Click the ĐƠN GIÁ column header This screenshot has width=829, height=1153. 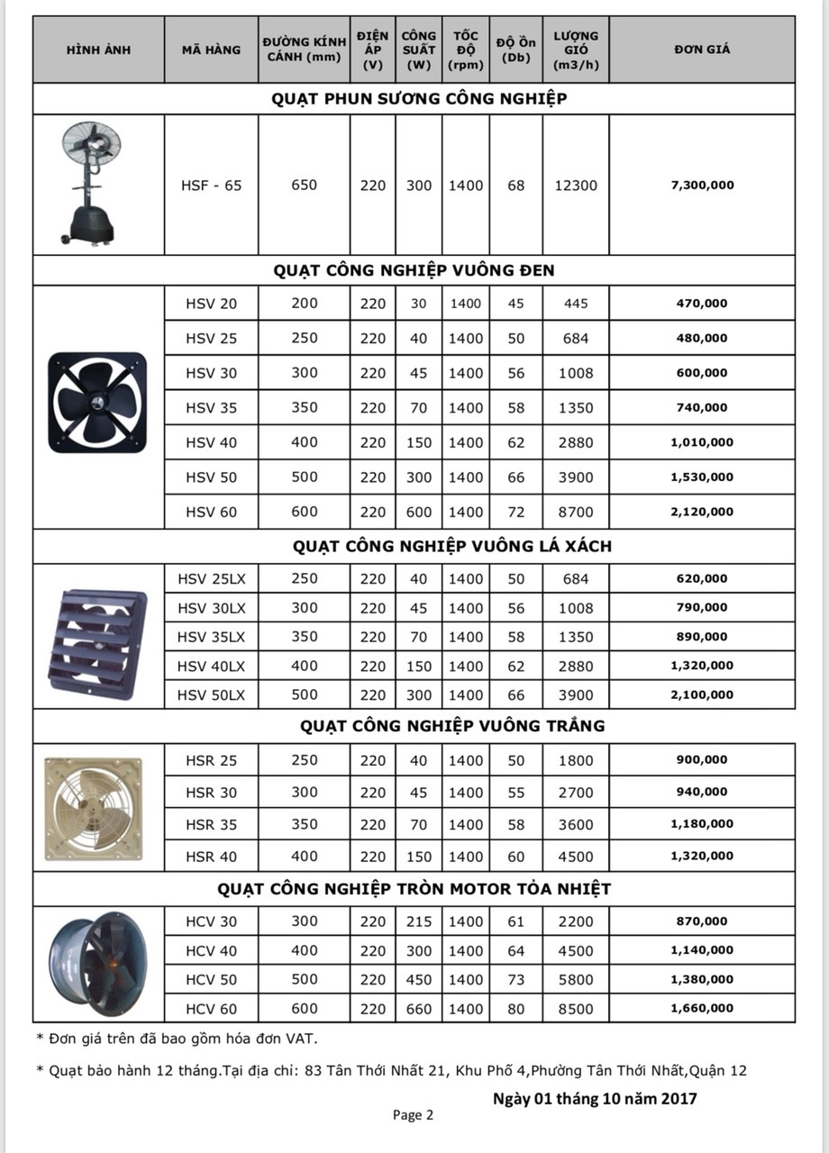click(701, 50)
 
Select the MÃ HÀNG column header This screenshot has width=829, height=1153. click(211, 50)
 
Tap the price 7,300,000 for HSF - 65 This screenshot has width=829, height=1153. click(702, 186)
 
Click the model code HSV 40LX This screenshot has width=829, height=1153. click(211, 666)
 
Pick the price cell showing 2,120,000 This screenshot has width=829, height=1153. click(702, 512)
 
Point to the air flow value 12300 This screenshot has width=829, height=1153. click(576, 186)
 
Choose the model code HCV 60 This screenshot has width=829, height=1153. click(211, 1009)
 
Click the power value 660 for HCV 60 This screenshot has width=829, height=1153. click(418, 1009)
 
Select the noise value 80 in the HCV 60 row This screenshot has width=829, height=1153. click(515, 1009)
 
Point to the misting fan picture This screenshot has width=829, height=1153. click(90, 184)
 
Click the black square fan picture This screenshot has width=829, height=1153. click(97, 403)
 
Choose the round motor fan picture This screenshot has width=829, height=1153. click(98, 964)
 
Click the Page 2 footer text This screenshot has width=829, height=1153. click(413, 1115)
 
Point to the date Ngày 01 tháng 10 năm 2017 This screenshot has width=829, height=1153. click(595, 1098)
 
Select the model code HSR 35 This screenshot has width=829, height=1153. click(211, 824)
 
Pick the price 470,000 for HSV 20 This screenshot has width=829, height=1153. click(702, 304)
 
